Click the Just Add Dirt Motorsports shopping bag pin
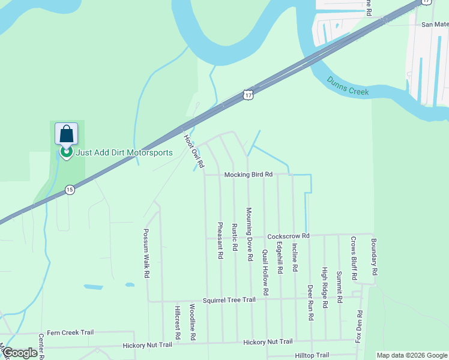click(66, 134)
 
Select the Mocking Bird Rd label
click(249, 175)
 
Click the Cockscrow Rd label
click(288, 236)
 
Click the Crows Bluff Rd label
click(354, 258)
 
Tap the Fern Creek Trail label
click(70, 332)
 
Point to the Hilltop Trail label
click(312, 355)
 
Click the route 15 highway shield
click(70, 190)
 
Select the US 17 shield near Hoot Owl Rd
click(249, 95)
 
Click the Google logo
click(20, 353)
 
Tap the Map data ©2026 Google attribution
click(412, 355)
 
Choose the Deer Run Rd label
click(310, 302)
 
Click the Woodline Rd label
click(193, 322)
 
